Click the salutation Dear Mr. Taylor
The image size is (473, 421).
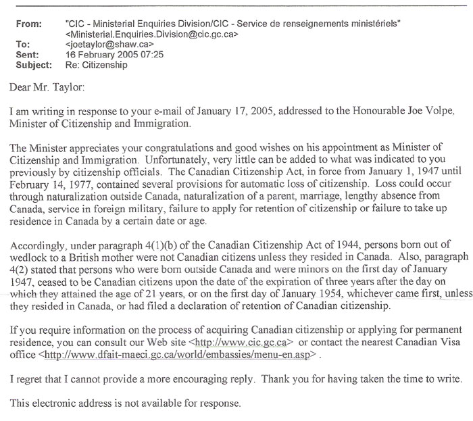47,89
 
